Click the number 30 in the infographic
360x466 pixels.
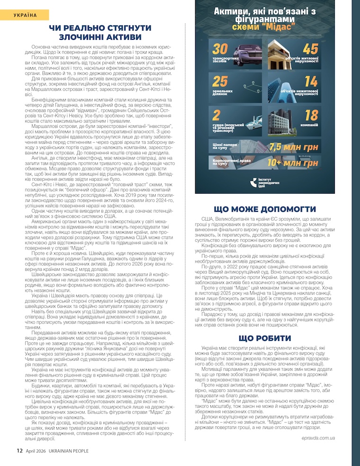pos(220,49)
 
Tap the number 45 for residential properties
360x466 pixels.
pos(310,49)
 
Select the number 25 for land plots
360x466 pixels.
pos(220,82)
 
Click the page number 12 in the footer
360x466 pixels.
pos(20,450)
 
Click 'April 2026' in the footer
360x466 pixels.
pos(35,450)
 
